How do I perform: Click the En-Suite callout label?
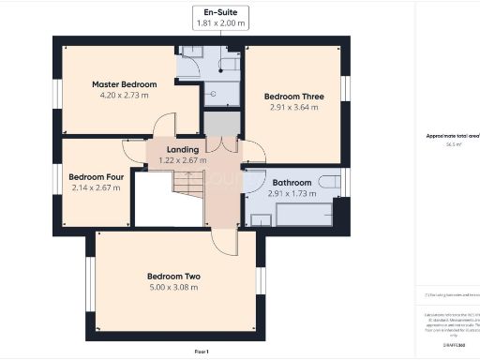(x=219, y=12)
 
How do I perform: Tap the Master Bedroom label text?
(x=124, y=84)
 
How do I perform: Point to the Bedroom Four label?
(x=97, y=176)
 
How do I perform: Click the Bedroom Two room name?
(x=173, y=276)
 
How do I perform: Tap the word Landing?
(x=182, y=149)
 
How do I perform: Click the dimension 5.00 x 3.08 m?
(x=173, y=287)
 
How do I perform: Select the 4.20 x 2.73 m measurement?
(x=124, y=96)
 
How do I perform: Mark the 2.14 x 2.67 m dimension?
(x=97, y=187)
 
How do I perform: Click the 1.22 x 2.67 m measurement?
(x=182, y=160)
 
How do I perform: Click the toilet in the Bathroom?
(x=328, y=179)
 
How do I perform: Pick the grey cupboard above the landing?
(x=223, y=124)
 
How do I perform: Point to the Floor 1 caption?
(x=201, y=351)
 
